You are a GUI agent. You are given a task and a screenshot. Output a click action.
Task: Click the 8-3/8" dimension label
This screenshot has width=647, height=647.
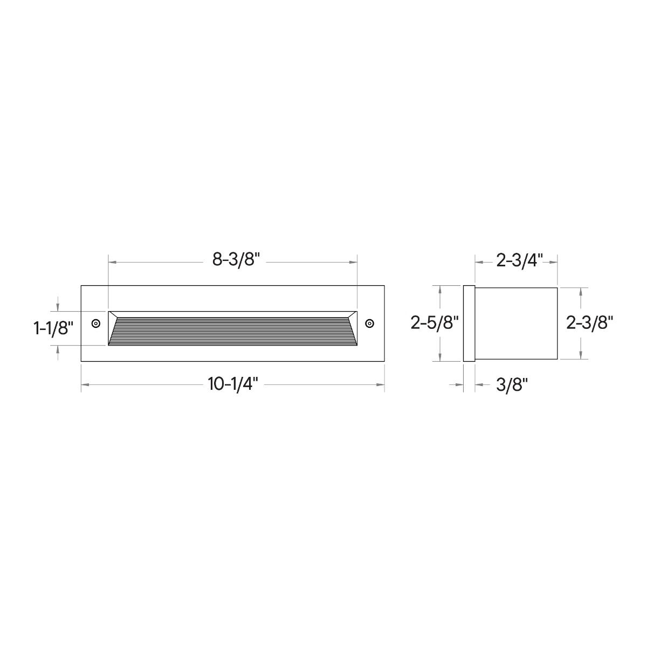[236, 259]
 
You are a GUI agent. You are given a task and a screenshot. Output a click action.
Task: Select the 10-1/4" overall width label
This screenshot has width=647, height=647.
[233, 384]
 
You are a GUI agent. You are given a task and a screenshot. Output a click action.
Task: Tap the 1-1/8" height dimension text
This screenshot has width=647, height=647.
[53, 328]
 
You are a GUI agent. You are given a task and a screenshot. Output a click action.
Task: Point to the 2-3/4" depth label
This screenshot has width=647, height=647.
[519, 260]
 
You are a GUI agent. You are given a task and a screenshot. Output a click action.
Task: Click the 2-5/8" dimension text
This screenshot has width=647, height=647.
[435, 323]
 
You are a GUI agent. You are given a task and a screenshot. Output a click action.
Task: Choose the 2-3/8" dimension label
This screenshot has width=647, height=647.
[590, 323]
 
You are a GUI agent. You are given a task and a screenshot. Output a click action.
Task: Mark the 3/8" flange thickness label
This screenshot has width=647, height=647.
[512, 385]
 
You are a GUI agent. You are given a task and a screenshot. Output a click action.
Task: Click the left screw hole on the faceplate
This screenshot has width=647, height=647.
[96, 323]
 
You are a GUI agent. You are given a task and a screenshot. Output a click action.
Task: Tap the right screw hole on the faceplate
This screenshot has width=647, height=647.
[370, 323]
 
